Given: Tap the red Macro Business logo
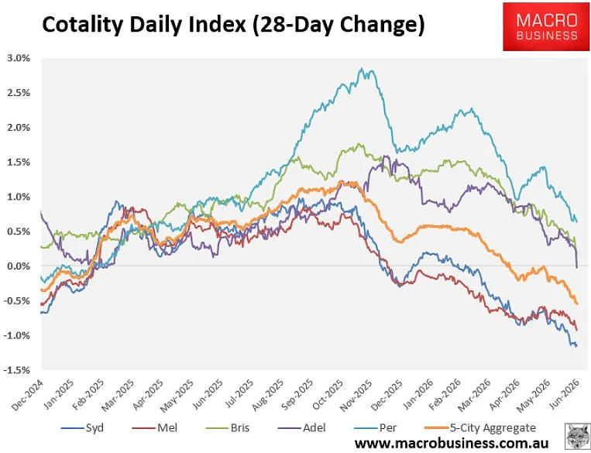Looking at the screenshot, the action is coord(547,26).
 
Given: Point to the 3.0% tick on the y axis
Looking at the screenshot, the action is coord(19,58).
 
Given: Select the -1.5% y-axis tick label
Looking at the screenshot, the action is coord(16,370).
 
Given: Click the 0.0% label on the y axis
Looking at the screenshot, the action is coord(19,266).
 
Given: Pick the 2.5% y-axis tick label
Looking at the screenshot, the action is coord(19,93).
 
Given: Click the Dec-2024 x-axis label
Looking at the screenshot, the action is coord(27,395).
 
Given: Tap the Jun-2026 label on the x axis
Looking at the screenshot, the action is coord(564,395).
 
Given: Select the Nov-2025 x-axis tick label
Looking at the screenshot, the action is coord(356,395).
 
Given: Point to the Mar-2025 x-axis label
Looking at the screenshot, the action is coord(118,395).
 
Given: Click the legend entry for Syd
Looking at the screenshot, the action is coord(82,428).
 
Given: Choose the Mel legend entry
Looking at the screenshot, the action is coord(155,428).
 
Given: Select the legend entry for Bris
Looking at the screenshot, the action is coord(228,428).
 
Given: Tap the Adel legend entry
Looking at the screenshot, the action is coord(302,428).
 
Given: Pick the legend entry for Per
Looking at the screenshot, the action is coord(376,428).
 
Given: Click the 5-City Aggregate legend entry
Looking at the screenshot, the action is coord(480,428).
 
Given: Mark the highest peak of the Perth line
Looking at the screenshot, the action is coord(362,68).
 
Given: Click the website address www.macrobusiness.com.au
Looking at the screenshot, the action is coord(452,443).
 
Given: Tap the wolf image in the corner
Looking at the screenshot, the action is coord(577,436).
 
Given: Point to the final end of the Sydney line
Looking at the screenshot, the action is coord(576,345).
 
